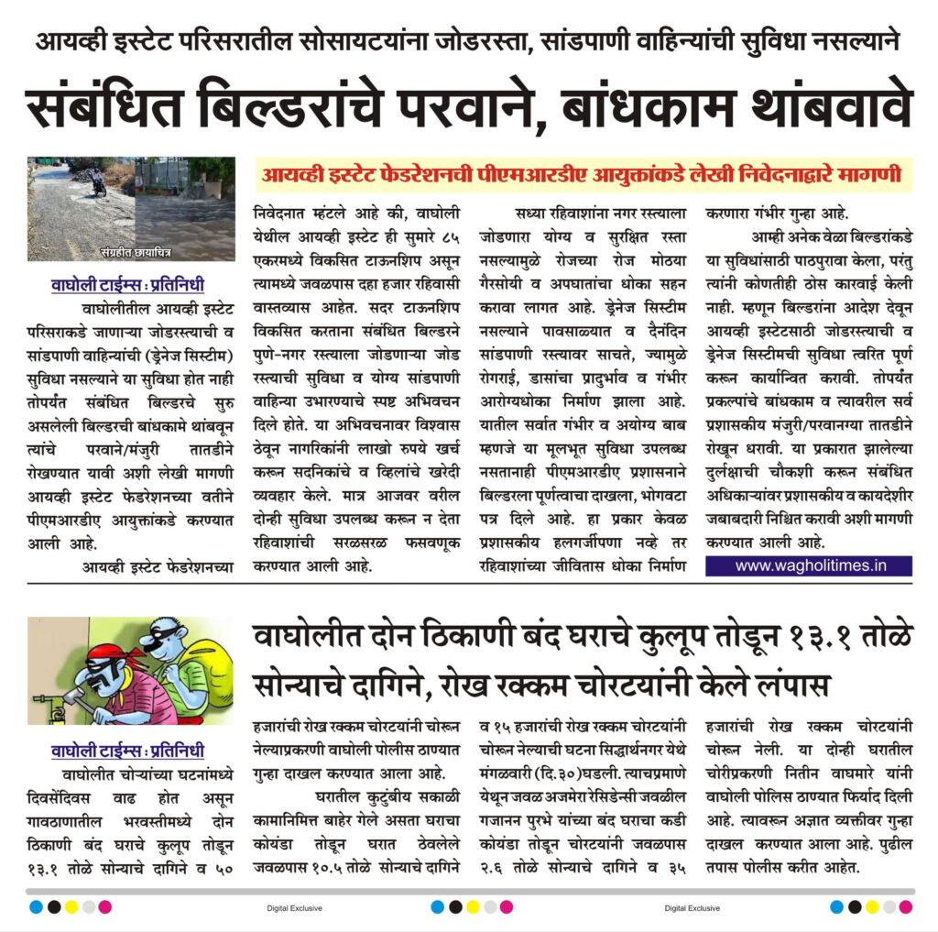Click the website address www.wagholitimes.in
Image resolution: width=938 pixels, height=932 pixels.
click(811, 565)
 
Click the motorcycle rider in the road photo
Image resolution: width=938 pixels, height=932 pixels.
click(98, 182)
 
